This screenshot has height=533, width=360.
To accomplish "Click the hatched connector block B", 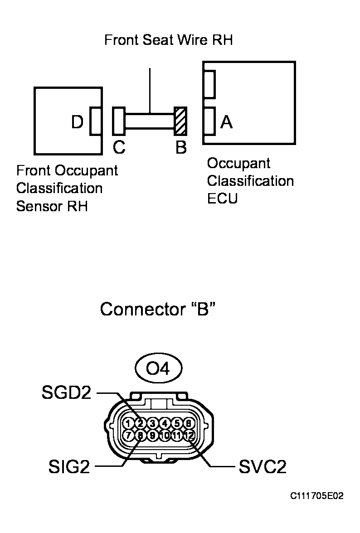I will [181, 121].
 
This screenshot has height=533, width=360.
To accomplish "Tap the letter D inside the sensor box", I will [78, 122].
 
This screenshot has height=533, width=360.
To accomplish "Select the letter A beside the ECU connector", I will [226, 121].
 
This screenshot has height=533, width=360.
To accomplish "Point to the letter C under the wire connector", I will [119, 148].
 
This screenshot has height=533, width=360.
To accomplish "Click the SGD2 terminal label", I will [67, 392].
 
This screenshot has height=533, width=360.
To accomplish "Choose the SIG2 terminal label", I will [69, 467].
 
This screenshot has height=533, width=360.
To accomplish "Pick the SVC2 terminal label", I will [263, 467].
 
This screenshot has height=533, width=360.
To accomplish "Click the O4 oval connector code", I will [158, 369].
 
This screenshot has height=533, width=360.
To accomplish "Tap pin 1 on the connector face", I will [129, 423].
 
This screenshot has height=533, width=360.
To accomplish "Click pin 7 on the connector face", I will [129, 436].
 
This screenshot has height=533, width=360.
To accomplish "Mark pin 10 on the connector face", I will [165, 436].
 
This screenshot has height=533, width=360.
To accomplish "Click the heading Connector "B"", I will [157, 310].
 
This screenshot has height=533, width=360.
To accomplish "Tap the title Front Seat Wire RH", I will [168, 40].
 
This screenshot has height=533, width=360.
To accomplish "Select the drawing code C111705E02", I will [317, 496].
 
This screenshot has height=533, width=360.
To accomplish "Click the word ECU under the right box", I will [222, 199].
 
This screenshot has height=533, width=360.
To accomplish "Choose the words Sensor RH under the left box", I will [52, 206].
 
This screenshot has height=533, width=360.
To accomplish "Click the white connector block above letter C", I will [119, 121].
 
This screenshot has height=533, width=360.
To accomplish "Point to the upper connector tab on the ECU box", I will [209, 84].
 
